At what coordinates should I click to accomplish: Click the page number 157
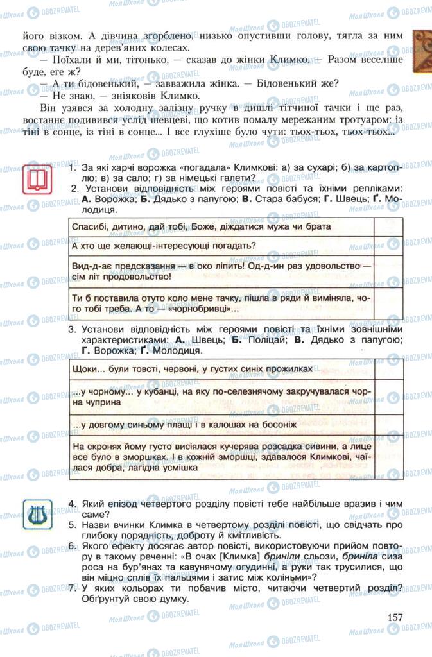[x=395, y=617]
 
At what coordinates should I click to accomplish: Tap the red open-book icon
[x=37, y=178]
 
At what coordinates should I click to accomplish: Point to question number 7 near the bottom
[x=73, y=588]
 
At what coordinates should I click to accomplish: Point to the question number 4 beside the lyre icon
[x=73, y=503]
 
